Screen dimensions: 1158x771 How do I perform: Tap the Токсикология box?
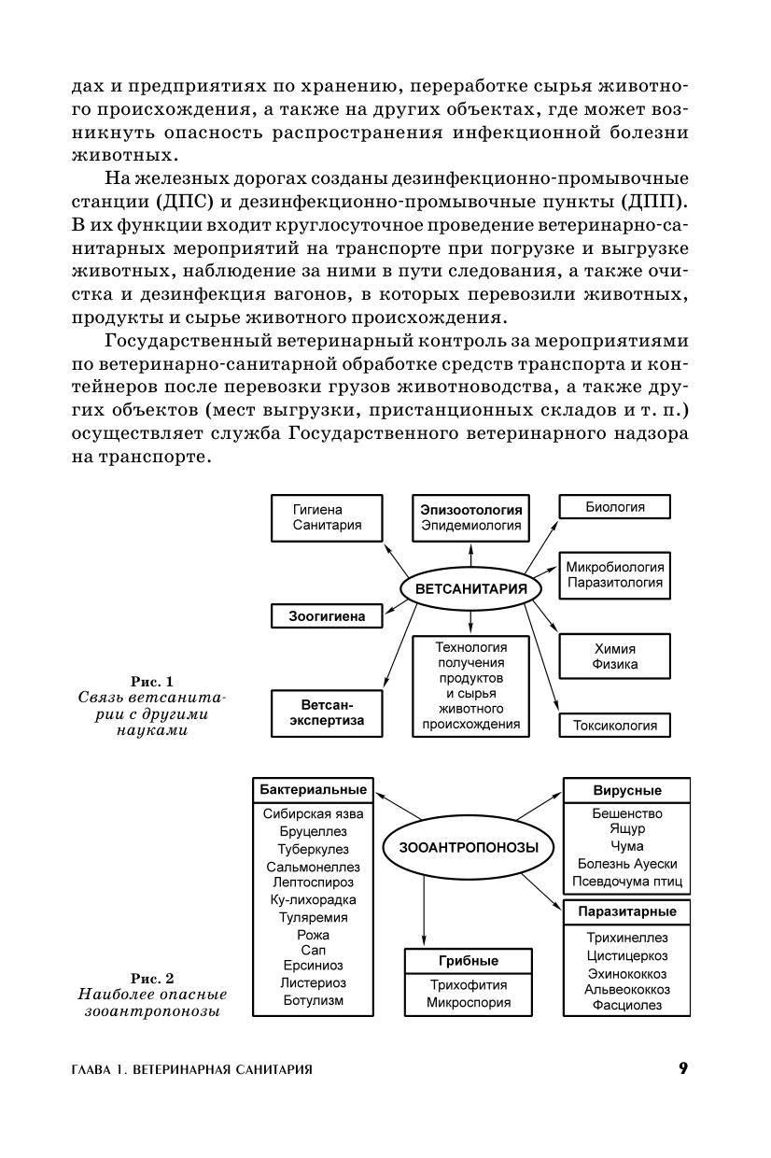click(x=614, y=725)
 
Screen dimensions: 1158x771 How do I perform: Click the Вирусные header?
click(x=626, y=790)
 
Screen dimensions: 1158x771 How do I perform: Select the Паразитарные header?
click(x=626, y=911)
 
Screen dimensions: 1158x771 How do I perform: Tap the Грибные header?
click(x=469, y=961)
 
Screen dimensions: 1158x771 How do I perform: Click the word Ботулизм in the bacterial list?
click(x=314, y=1000)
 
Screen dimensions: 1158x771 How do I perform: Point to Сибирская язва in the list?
click(x=314, y=813)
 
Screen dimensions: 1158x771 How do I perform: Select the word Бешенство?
click(x=626, y=813)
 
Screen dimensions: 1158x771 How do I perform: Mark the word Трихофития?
click(x=469, y=984)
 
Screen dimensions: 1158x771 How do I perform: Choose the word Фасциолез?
click(x=626, y=1006)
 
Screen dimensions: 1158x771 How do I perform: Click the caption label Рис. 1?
click(x=152, y=681)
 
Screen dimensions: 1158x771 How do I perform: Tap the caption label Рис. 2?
click(x=152, y=978)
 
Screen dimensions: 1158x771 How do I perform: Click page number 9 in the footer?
click(x=683, y=1068)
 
